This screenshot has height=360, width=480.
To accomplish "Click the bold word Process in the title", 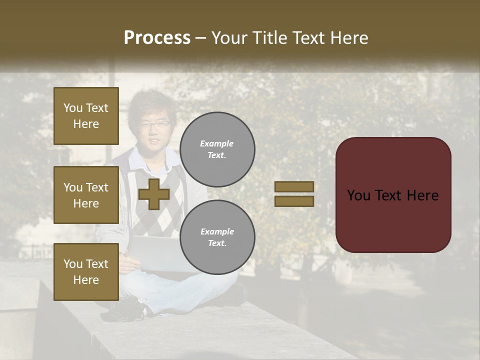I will [157, 38].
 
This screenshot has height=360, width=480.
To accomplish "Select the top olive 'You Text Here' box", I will [86, 116].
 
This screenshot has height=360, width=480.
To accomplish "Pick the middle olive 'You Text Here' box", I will [86, 195].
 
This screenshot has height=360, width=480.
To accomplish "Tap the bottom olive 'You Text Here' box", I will [86, 271].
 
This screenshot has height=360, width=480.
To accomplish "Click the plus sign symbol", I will [154, 194].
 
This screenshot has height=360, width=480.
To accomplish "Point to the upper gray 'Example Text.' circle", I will [217, 149].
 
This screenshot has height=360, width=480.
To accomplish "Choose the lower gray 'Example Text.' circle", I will [217, 237].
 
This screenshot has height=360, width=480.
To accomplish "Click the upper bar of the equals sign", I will [294, 186].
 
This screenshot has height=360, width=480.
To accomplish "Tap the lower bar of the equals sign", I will [294, 201].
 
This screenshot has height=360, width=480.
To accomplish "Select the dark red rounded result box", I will [393, 195].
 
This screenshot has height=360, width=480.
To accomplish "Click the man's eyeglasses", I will [153, 124].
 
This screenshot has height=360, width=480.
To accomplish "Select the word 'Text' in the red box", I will [393, 195].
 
